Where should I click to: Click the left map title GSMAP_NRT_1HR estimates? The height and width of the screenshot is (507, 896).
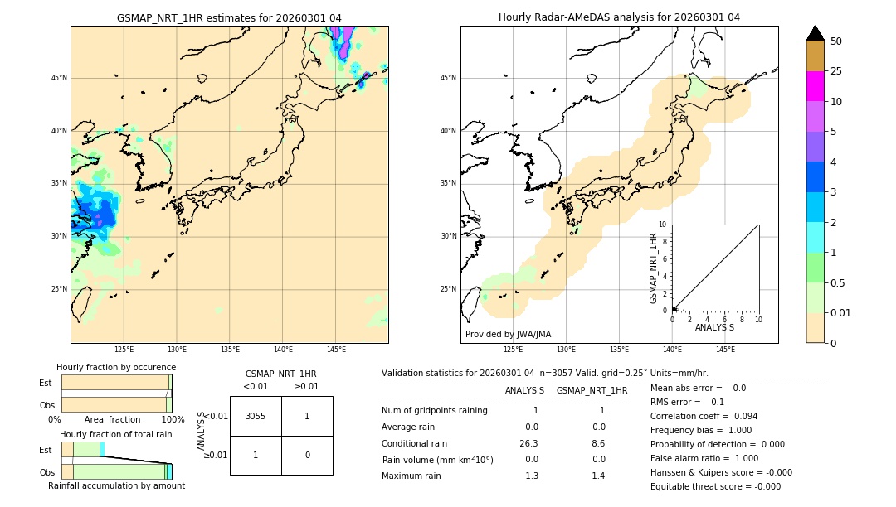click(x=229, y=17)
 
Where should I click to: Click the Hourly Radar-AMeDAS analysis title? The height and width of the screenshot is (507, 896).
click(x=619, y=17)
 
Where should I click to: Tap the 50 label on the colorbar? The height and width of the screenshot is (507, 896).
click(x=836, y=41)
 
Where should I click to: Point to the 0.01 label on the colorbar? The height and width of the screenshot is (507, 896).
click(x=841, y=312)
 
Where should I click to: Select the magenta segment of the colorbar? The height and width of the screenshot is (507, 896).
click(x=815, y=86)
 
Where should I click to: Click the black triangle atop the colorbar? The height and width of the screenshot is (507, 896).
click(x=815, y=33)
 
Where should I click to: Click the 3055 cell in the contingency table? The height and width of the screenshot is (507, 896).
click(x=256, y=416)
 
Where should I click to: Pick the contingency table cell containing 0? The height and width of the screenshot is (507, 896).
click(x=307, y=455)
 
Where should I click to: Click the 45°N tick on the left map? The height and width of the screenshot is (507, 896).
click(x=59, y=78)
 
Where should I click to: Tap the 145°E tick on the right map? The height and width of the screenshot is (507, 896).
click(x=725, y=350)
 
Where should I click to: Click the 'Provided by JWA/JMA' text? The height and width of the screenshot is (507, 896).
click(x=508, y=335)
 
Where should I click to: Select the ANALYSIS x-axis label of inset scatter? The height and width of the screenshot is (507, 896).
click(x=714, y=327)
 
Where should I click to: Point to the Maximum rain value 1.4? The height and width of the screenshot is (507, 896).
click(x=598, y=476)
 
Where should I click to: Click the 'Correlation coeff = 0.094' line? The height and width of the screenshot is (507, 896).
click(x=704, y=416)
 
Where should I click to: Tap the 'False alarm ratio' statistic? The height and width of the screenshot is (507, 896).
click(x=704, y=458)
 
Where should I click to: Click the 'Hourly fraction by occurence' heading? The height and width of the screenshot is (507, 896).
click(x=116, y=367)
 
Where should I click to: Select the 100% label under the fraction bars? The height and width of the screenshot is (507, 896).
click(x=173, y=420)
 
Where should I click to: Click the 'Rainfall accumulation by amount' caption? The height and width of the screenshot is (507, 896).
click(x=116, y=485)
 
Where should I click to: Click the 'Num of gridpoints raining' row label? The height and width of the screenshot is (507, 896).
click(x=435, y=410)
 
